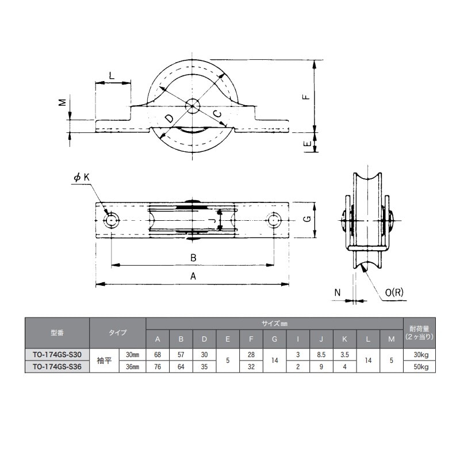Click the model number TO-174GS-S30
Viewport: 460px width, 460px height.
tap(57, 354)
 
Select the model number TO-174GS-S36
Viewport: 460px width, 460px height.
tap(57, 366)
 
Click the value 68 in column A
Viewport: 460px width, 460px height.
tap(158, 354)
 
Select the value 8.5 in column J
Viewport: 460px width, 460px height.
tap(321, 354)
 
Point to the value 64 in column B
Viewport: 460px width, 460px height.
tap(181, 367)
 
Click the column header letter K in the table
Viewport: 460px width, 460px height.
tap(344, 339)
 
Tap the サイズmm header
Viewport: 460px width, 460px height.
tap(274, 324)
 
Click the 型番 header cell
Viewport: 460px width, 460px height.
tap(57, 333)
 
